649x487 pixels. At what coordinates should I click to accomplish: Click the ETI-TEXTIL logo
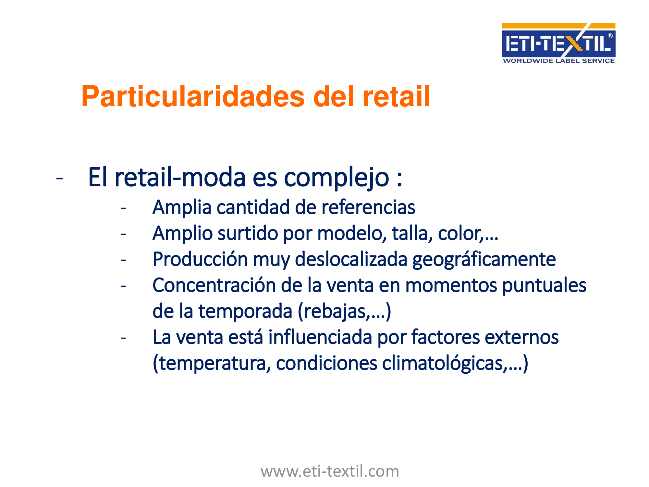click(x=558, y=43)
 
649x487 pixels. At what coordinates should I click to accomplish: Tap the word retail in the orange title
click(x=396, y=96)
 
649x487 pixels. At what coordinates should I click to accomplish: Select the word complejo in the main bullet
click(x=337, y=178)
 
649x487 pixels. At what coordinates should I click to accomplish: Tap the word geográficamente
click(x=484, y=260)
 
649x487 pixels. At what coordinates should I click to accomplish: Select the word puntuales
click(x=544, y=286)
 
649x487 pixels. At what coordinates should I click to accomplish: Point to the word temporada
click(x=245, y=312)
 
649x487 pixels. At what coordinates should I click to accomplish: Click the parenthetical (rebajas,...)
click(x=344, y=312)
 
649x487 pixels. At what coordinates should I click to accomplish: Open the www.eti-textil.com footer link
click(x=330, y=471)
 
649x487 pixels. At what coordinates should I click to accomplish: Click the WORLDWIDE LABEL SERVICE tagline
click(x=558, y=61)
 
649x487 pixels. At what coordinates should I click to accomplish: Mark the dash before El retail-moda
click(x=59, y=178)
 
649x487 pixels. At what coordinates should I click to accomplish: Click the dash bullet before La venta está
click(x=123, y=338)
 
